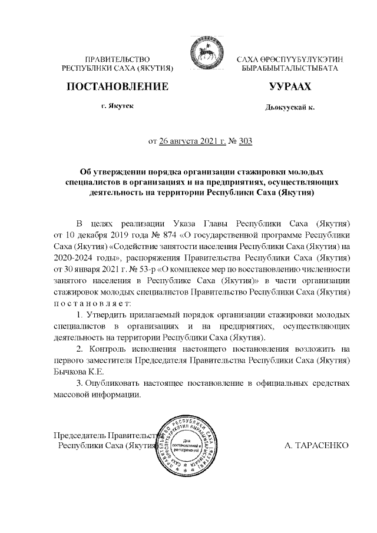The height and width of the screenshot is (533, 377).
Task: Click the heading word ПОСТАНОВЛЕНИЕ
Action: pos(118,87)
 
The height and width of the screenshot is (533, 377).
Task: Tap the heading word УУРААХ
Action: pos(289,87)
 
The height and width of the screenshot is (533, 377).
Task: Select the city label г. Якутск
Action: pos(118,106)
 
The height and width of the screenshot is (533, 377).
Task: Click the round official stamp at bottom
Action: pos(189,448)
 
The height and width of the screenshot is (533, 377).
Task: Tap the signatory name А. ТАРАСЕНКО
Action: pos(317,445)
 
